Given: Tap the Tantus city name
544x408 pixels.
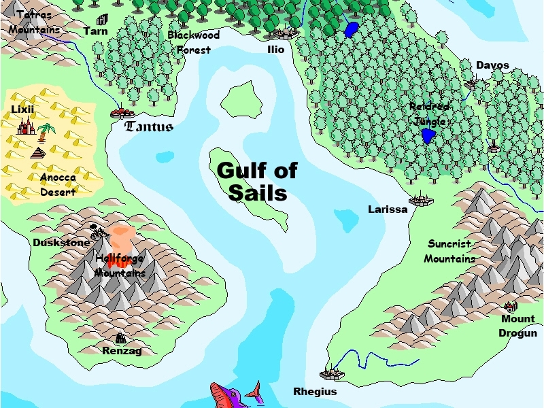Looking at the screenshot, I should (150, 126).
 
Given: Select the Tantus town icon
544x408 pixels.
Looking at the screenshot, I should (123, 112).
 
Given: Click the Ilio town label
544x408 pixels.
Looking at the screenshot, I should (276, 49).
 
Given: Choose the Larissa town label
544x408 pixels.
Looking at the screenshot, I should (388, 209).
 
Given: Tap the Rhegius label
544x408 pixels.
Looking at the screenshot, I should (315, 392).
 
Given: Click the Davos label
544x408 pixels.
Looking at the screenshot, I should (492, 65).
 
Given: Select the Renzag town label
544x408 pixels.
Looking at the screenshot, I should (122, 351).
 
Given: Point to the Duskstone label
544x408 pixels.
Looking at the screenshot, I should (61, 242).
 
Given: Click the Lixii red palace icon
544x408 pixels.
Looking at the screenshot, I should (26, 126).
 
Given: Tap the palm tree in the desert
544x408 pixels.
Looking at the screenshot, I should (46, 129).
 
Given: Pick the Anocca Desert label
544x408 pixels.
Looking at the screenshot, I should (58, 184).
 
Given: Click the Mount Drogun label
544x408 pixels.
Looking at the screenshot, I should (518, 326).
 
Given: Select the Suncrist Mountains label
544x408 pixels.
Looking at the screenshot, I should (450, 251).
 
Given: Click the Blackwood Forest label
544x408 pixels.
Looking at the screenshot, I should (194, 41).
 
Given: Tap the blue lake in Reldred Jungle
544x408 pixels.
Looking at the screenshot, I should (428, 136).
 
